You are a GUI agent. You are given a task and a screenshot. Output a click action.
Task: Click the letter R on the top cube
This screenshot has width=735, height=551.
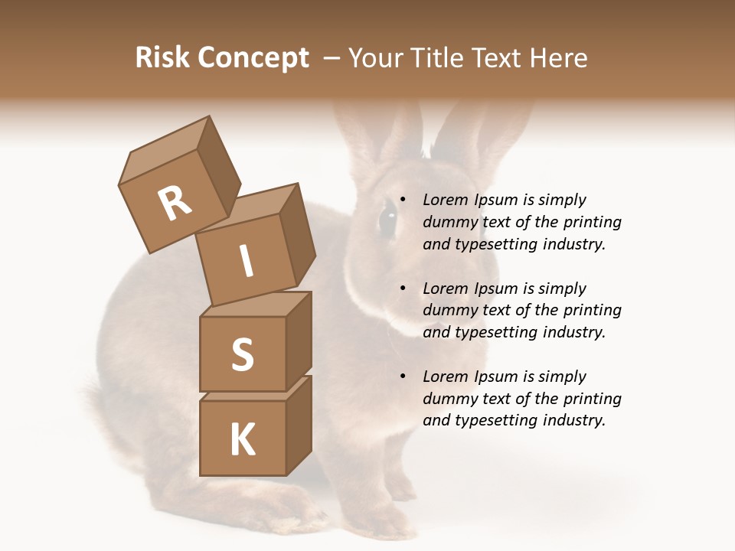pos(175,203)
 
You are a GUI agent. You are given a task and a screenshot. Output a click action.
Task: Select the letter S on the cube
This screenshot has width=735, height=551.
pos(242,354)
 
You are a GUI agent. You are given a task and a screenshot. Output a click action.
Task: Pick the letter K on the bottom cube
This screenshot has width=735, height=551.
pos(242,440)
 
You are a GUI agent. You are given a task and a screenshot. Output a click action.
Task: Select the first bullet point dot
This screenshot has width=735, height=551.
pos(403,201)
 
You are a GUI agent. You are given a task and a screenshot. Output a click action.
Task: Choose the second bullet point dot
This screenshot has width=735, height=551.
pos(403,289)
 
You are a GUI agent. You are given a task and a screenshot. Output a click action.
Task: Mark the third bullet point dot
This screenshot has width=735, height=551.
pos(403,377)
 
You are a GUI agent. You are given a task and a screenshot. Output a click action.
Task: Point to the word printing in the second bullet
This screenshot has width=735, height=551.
pos(592,311)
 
